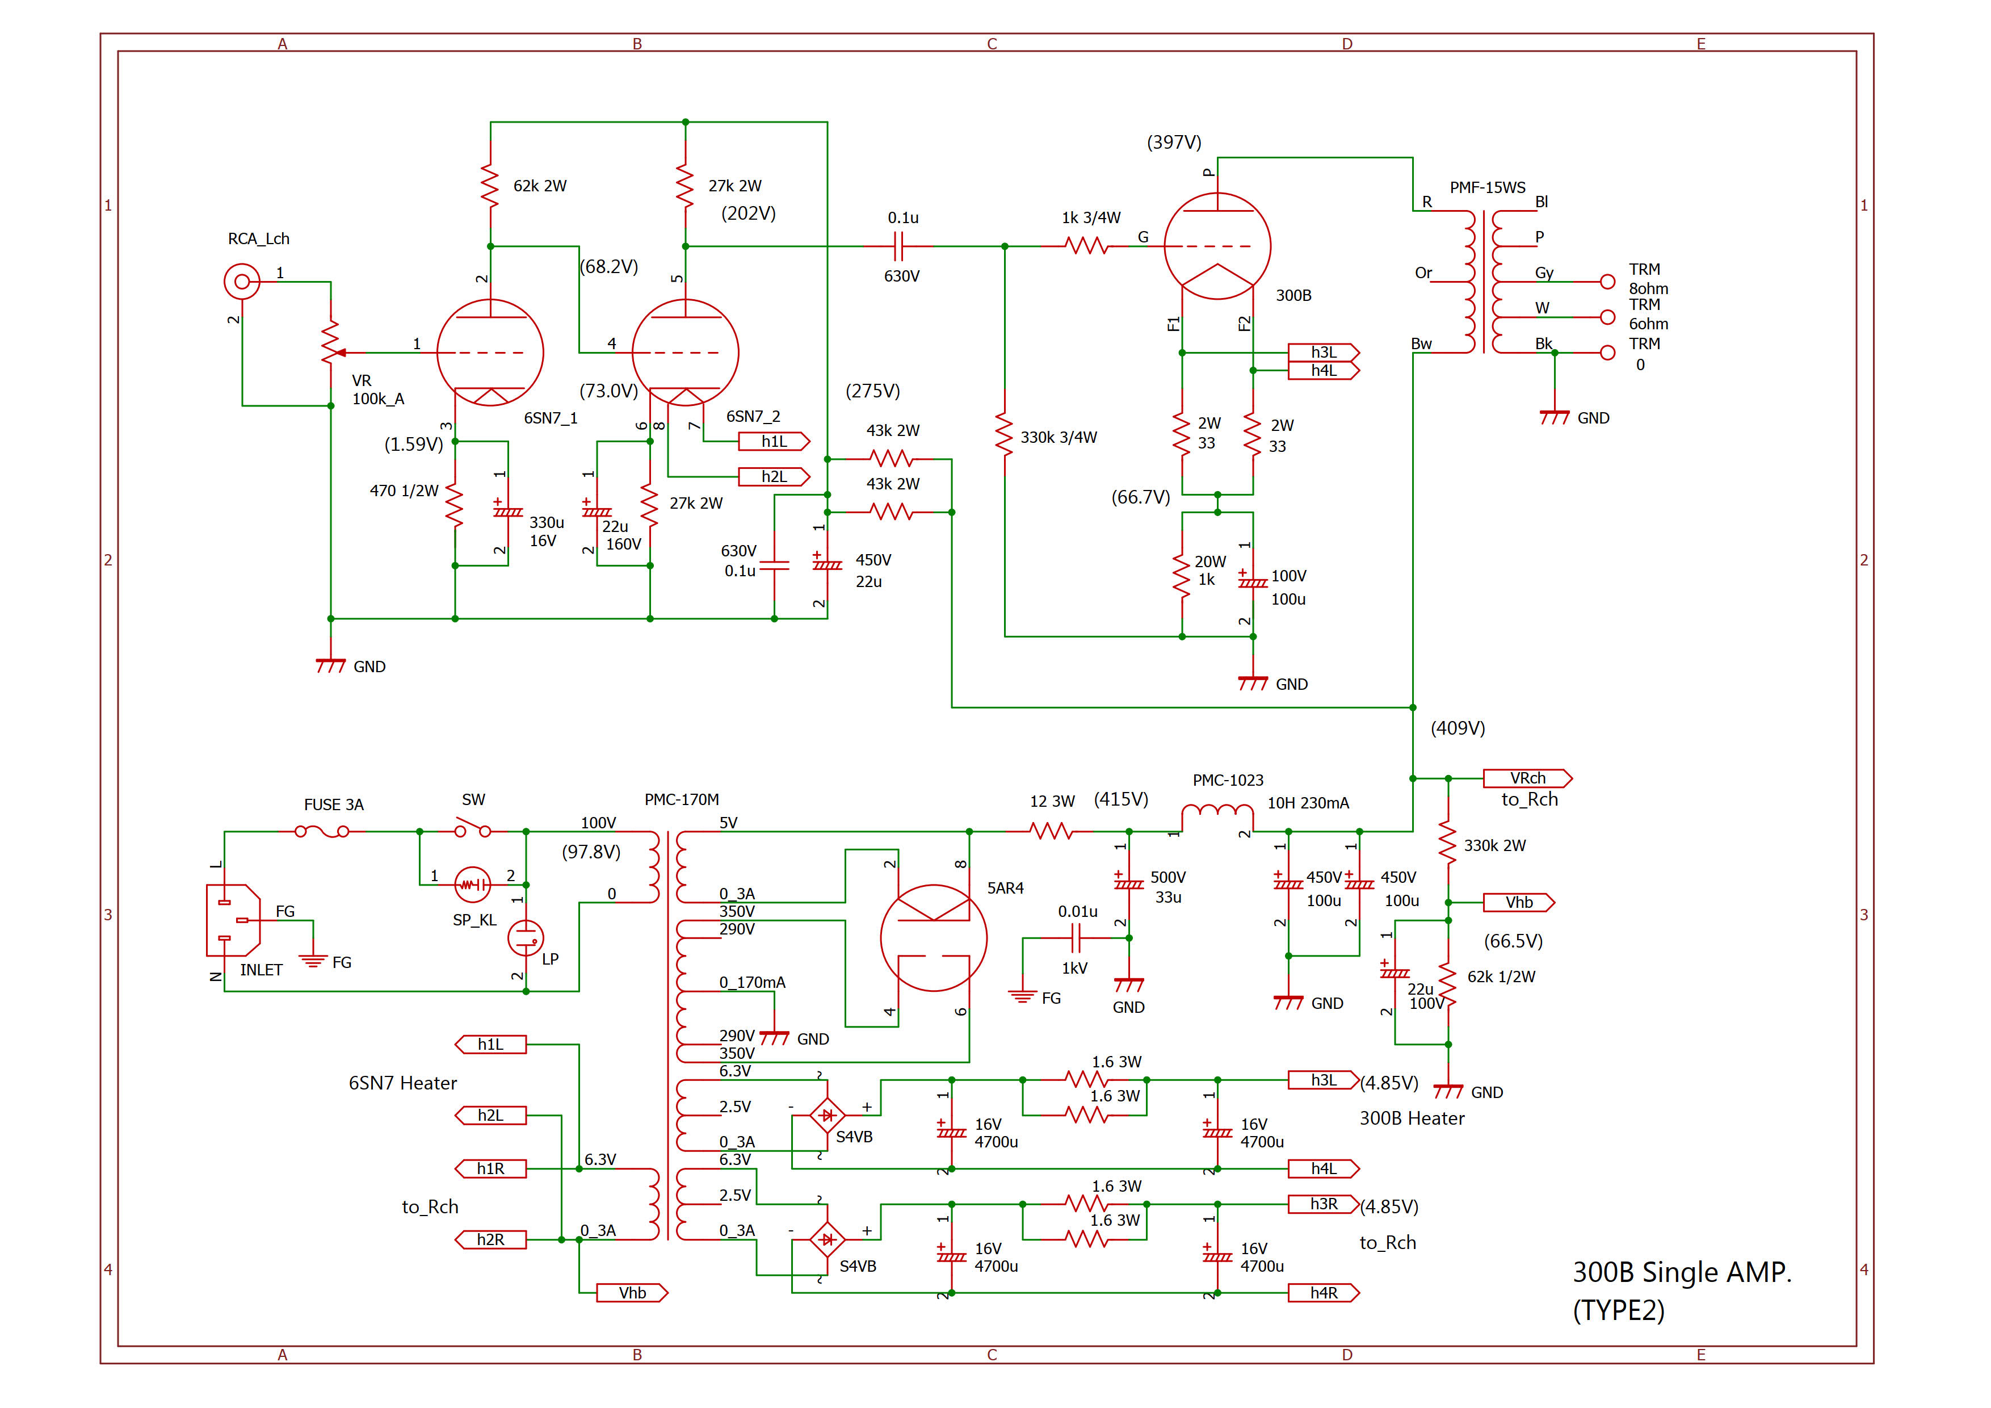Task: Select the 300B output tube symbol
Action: (1217, 246)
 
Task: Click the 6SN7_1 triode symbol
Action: (490, 352)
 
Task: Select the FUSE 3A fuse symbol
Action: (322, 831)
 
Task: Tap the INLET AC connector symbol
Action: (232, 920)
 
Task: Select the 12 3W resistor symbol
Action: (1050, 831)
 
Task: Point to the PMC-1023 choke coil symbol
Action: (1217, 814)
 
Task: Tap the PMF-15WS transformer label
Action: (1486, 187)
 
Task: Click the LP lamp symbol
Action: (526, 938)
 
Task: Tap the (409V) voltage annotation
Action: (1457, 728)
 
